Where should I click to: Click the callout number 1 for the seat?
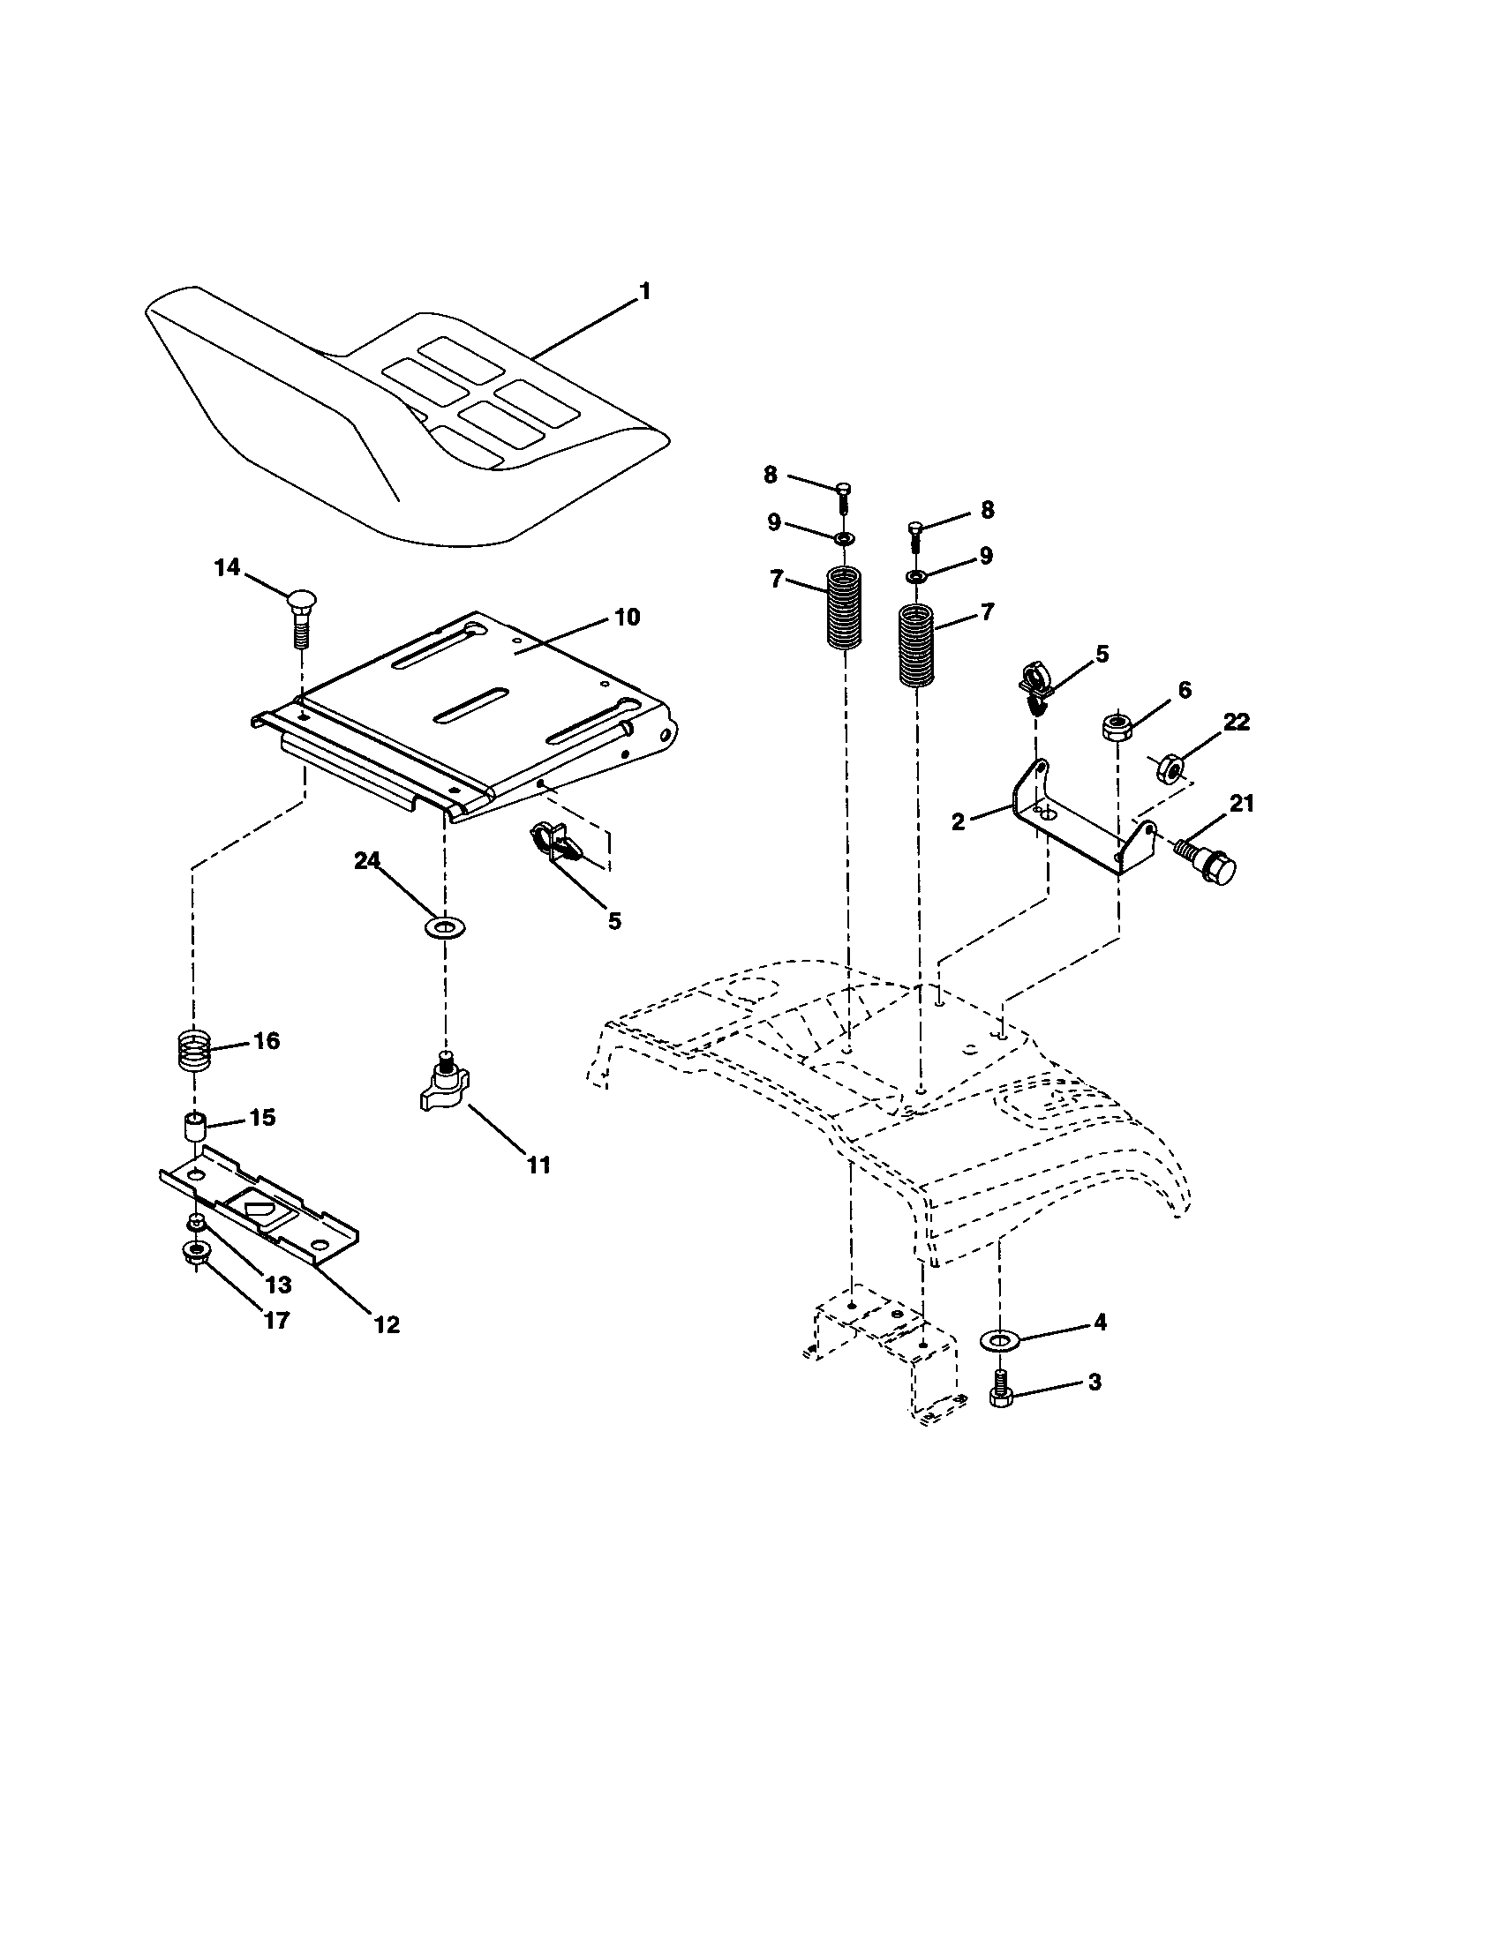645,290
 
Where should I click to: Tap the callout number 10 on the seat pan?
627,617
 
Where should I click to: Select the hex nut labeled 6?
1116,726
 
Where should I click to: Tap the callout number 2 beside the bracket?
958,822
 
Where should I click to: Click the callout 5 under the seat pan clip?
614,920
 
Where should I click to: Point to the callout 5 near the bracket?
1102,654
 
